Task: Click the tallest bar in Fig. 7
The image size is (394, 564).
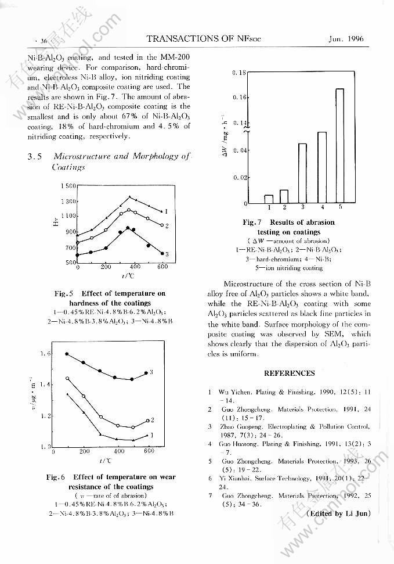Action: pyautogui.click(x=339, y=145)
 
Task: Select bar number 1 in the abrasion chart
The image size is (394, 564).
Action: pyautogui.click(x=269, y=199)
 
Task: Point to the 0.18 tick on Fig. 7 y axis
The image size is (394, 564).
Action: pyautogui.click(x=239, y=73)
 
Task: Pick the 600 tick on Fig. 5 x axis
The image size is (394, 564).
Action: pyautogui.click(x=162, y=267)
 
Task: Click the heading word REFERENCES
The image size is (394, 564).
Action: pyautogui.click(x=290, y=373)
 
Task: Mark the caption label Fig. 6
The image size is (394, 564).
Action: pyautogui.click(x=57, y=477)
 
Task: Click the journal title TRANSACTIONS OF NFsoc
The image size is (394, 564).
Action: pyautogui.click(x=204, y=39)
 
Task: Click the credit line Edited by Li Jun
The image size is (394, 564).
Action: pyautogui.click(x=338, y=513)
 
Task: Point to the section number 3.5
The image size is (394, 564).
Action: pyautogui.click(x=34, y=157)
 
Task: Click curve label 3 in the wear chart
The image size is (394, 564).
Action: pyautogui.click(x=151, y=371)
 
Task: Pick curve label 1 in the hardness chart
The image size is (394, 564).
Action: pyautogui.click(x=167, y=211)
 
